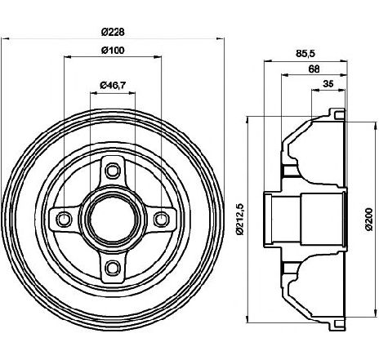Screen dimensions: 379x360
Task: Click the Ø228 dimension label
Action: tap(113, 32)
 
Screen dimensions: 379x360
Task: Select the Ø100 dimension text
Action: tap(113, 51)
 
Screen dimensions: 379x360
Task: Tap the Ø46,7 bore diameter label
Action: tap(113, 86)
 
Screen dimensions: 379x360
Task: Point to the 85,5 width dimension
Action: tap(305, 54)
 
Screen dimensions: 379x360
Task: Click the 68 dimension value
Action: tap(314, 69)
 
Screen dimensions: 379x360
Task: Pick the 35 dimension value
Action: tap(328, 84)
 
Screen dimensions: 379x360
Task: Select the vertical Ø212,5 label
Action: tap(239, 219)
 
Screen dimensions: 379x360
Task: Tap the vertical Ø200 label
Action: tap(368, 220)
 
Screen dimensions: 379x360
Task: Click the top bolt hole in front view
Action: tap(113, 171)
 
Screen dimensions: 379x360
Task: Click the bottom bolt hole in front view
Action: tap(113, 267)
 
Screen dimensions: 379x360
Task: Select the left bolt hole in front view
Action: tap(65, 219)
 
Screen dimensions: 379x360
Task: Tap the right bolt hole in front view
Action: tap(161, 219)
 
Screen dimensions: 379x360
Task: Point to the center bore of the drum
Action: tap(113, 219)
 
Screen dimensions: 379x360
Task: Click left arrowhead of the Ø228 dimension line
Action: tap(5, 39)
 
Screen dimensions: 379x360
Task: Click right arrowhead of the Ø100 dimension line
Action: tap(158, 57)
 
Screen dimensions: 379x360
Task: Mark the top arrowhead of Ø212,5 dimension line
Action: tap(247, 120)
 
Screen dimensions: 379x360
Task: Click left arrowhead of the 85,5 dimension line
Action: tap(268, 61)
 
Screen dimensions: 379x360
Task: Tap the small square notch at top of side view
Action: tap(339, 115)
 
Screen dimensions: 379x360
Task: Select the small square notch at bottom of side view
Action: tap(339, 323)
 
